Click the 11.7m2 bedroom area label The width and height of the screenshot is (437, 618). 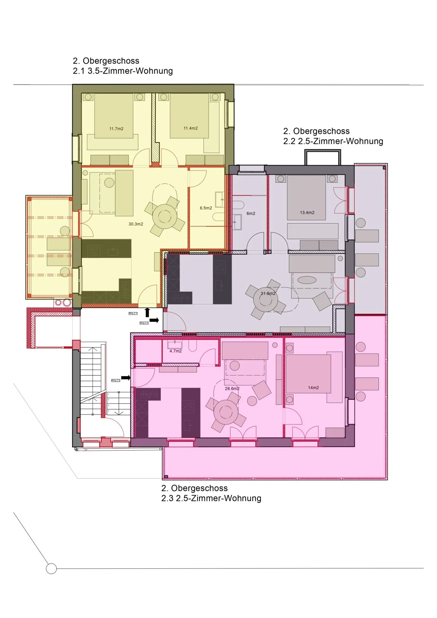(x=116, y=129)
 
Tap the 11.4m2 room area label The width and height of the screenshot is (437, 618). (x=190, y=128)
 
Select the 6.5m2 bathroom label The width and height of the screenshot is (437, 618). (x=206, y=208)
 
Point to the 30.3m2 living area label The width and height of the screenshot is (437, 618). (x=136, y=224)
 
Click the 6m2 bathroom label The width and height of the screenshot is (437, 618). (x=251, y=214)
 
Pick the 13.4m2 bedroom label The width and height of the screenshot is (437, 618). (x=307, y=213)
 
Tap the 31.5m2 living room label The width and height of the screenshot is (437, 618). (x=268, y=293)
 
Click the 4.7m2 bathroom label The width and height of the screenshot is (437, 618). (x=175, y=351)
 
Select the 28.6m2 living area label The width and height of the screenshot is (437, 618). (x=232, y=389)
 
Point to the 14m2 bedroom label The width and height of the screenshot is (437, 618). (x=313, y=388)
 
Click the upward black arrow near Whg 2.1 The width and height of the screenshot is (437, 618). (x=147, y=312)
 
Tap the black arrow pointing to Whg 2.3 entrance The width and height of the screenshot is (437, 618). (x=126, y=378)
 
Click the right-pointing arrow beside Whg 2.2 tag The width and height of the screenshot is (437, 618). (x=154, y=320)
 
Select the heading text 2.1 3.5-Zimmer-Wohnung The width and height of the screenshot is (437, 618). (x=123, y=71)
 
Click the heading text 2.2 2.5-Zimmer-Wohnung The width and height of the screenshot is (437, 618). (x=333, y=141)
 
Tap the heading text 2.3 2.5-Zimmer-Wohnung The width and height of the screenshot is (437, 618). (x=211, y=498)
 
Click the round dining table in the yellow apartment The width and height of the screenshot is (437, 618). (x=164, y=216)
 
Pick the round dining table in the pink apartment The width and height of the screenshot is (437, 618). (x=225, y=412)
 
